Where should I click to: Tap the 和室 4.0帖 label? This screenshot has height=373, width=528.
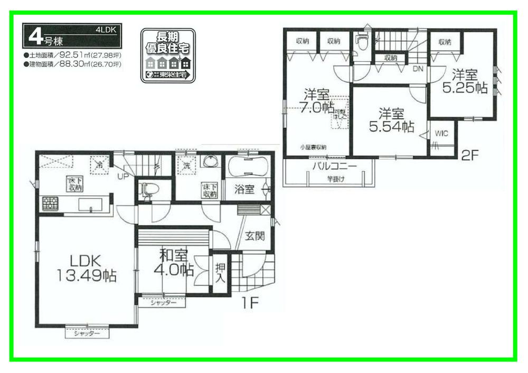[174, 263]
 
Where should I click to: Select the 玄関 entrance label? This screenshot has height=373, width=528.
[254, 237]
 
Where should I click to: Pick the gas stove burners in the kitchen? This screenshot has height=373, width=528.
[50, 203]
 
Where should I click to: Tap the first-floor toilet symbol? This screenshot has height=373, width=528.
[146, 191]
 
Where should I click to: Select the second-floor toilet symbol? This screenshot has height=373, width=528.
[362, 43]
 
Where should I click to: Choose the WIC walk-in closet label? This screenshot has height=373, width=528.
[441, 134]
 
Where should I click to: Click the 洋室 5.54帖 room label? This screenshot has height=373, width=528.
[391, 120]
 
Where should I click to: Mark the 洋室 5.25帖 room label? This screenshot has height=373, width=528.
[465, 82]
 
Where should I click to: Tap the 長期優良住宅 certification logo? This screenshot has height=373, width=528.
[167, 56]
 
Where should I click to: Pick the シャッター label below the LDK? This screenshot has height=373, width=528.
[87, 333]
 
